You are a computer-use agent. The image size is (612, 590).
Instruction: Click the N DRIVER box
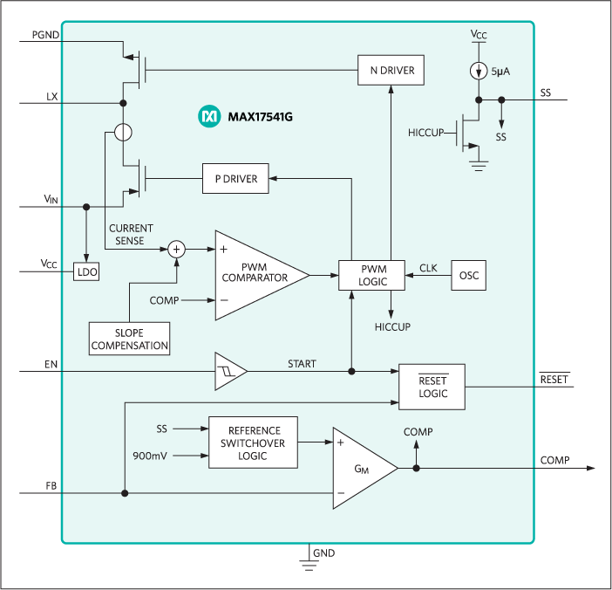[391, 71]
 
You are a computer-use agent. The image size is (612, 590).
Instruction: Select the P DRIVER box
[235, 178]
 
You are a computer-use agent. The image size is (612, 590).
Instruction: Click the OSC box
[468, 276]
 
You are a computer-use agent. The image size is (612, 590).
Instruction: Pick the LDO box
[87, 272]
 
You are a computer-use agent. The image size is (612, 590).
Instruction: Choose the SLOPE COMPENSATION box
[129, 338]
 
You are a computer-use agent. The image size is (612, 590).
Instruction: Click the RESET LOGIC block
[432, 387]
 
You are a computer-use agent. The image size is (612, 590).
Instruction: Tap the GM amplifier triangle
[361, 469]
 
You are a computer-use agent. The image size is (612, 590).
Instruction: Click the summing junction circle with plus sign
[177, 249]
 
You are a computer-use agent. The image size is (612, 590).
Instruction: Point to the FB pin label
[51, 484]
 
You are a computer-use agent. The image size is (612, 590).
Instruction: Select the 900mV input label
[152, 456]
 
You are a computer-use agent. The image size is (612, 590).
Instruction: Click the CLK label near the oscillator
[428, 268]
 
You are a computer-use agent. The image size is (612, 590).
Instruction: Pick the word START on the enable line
[301, 363]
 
